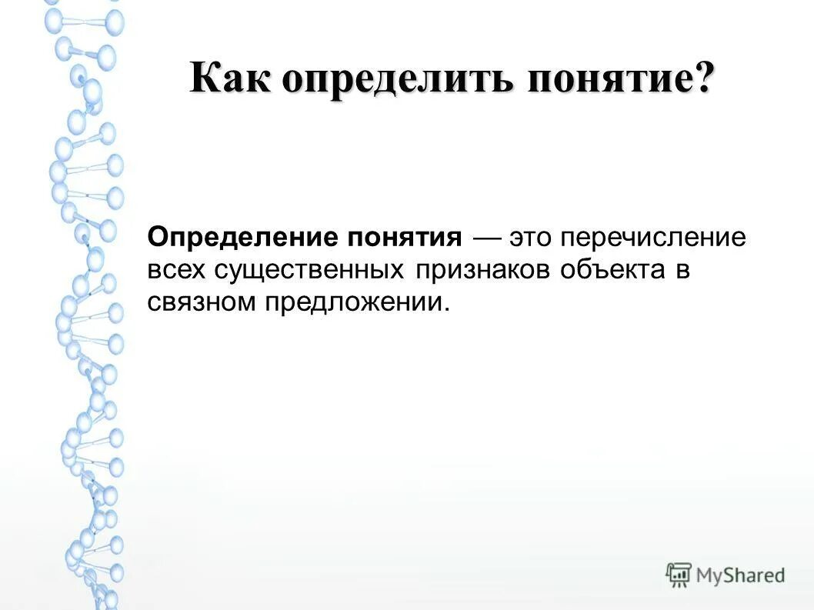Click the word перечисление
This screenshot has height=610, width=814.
point(653,237)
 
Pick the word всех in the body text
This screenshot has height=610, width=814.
point(176,269)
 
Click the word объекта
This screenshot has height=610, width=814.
point(613,269)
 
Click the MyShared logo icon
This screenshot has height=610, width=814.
point(679,575)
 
